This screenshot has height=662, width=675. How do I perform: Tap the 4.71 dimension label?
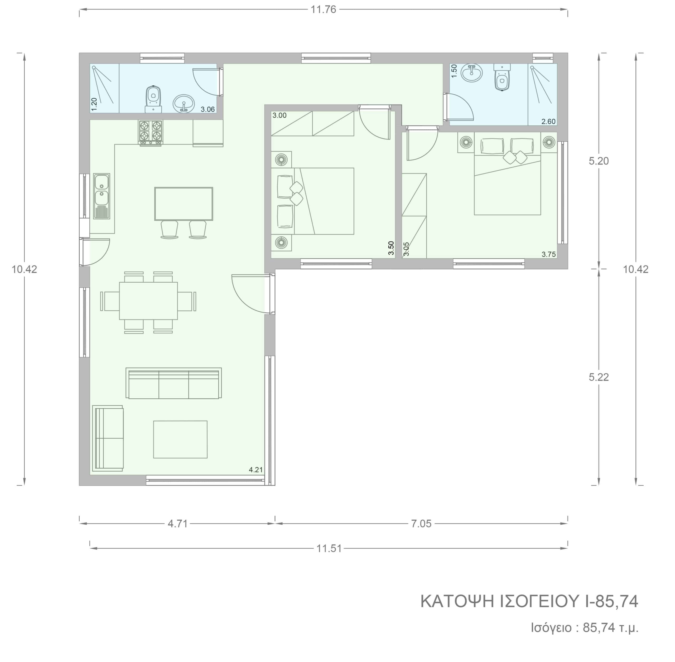click(178, 524)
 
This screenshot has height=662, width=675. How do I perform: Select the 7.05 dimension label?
click(421, 524)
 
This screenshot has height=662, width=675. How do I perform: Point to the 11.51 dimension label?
click(329, 548)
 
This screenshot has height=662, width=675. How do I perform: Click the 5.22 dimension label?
click(599, 377)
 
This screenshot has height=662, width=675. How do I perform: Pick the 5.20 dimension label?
click(599, 161)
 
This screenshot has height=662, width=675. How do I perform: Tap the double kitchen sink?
click(102, 196)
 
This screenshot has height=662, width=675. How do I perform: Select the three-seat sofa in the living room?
click(173, 383)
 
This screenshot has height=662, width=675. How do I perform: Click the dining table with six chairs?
click(148, 301)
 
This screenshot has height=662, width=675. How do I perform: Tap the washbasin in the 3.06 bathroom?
click(184, 104)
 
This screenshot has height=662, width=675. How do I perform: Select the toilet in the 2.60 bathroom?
click(502, 77)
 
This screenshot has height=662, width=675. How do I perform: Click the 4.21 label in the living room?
click(255, 470)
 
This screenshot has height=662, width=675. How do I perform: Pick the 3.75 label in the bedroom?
click(548, 254)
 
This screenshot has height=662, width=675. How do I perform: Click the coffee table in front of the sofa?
click(180, 439)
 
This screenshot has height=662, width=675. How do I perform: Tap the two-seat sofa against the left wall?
click(108, 438)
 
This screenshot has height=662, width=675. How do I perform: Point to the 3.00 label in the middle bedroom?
click(279, 115)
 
